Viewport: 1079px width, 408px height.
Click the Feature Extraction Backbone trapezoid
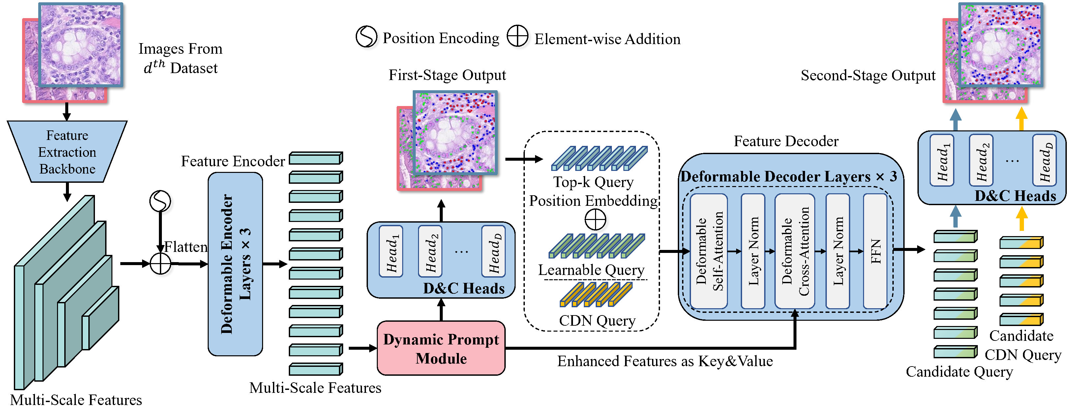tap(67, 151)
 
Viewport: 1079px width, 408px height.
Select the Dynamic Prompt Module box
tap(441, 348)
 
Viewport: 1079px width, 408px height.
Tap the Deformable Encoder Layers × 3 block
tap(235, 264)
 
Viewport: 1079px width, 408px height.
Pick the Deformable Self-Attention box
tap(709, 251)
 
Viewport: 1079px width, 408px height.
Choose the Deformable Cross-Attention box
tap(794, 251)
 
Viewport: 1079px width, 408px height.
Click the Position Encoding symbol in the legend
tap(367, 37)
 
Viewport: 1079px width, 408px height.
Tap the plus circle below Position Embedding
tap(595, 219)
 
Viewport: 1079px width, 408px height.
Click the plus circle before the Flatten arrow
tap(161, 264)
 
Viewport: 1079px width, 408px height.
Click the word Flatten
tap(186, 247)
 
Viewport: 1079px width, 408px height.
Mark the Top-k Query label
tap(593, 182)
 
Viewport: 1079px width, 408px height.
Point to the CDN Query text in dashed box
tap(597, 321)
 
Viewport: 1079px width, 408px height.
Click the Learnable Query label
tap(591, 270)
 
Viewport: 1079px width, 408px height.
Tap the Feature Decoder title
tap(786, 142)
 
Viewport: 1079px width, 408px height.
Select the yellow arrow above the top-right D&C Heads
tap(1022, 119)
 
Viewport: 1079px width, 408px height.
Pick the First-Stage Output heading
tap(447, 75)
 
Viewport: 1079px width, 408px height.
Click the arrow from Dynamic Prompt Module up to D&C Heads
tap(441, 310)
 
